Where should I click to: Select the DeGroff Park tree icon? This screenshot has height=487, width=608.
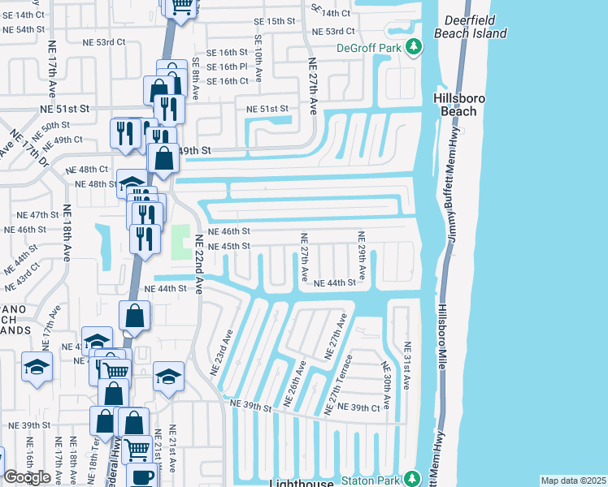415,47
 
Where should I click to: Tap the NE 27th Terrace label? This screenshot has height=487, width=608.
341,383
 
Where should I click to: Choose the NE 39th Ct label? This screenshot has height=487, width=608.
358,407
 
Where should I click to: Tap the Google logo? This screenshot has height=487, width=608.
27,477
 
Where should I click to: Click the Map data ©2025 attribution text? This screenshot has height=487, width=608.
573,481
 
